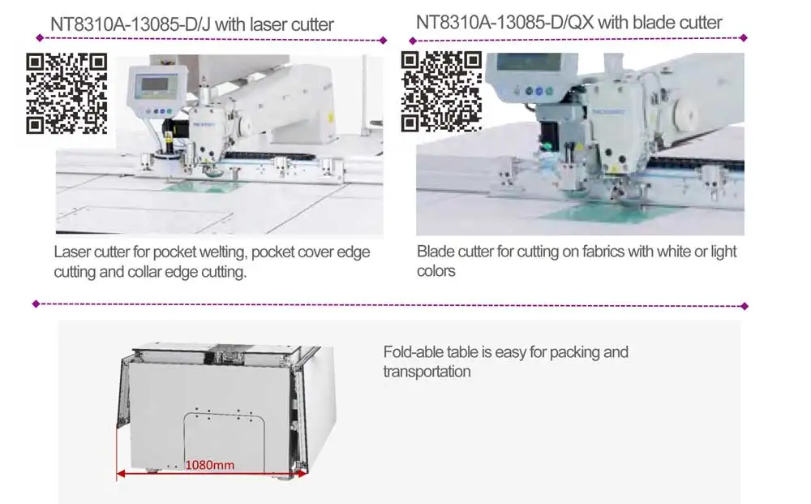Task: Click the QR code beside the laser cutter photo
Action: click(67, 93)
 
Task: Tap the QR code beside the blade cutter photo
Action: click(441, 90)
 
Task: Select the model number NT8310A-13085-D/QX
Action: click(504, 22)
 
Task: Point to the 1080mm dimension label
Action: click(210, 465)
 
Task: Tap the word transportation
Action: click(427, 372)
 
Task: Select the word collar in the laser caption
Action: click(149, 272)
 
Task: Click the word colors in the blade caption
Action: click(436, 271)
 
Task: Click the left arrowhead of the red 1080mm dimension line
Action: click(120, 472)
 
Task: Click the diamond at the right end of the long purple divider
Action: click(744, 306)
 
